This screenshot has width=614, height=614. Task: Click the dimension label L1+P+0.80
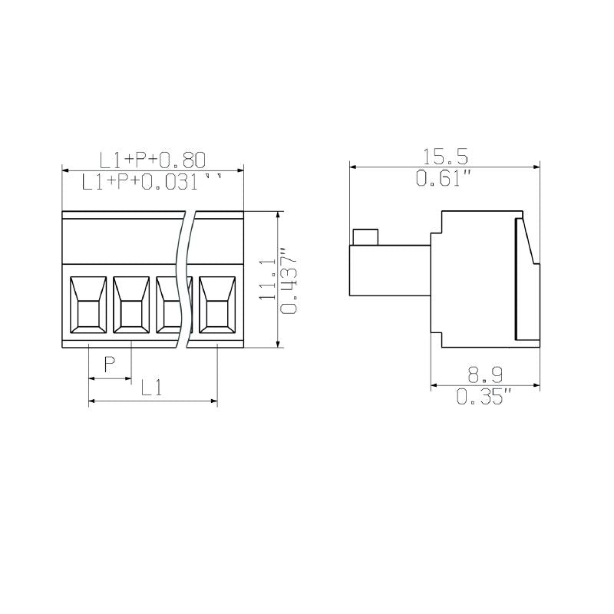point(153,159)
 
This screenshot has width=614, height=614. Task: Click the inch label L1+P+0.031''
point(153,182)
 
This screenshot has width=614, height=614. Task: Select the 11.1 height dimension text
point(266,279)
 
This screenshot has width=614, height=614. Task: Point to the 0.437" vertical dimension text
point(288,280)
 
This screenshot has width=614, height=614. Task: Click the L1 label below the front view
point(151,388)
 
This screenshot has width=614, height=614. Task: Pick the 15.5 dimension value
point(445,157)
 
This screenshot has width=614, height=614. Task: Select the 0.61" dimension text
point(443,180)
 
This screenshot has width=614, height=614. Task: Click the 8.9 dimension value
point(486,375)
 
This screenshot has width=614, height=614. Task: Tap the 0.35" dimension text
point(484,397)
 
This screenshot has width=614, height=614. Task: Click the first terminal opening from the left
point(89,305)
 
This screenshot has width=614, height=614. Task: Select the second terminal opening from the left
point(132,305)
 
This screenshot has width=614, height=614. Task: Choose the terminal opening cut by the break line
point(170,305)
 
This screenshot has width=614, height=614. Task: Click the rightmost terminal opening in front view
point(218,305)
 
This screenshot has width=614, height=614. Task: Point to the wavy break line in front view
point(184,276)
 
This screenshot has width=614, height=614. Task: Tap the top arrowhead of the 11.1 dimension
point(276,214)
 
